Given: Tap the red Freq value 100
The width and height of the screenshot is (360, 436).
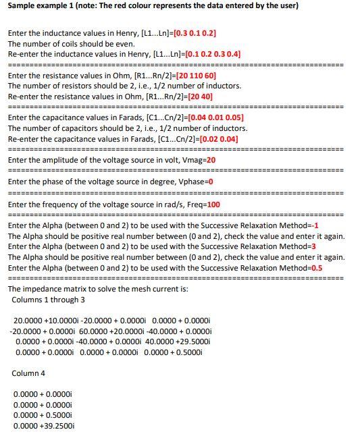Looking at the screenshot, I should click(213, 204).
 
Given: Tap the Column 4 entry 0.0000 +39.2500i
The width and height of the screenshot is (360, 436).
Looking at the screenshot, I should click(44, 427).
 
